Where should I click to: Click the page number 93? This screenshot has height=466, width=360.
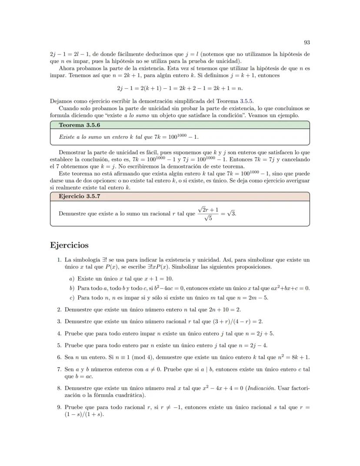[307, 42]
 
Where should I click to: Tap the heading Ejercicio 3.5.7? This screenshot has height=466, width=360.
[76, 196]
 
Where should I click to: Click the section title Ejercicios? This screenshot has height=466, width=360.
[70, 245]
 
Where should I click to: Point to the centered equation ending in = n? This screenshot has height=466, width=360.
[180, 88]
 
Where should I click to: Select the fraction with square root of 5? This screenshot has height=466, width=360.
[208, 214]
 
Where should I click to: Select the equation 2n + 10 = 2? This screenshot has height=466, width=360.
[226, 310]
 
